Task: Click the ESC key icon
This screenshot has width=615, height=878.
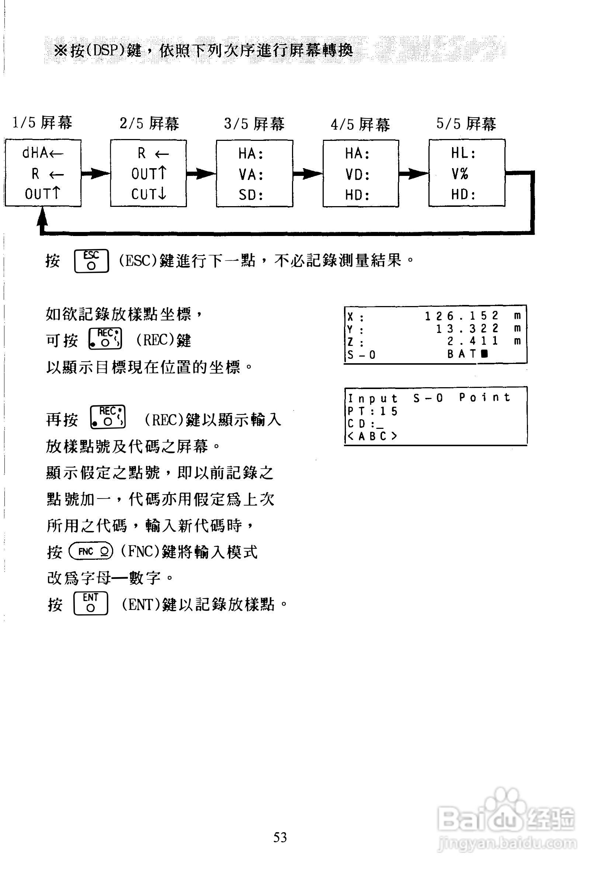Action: pos(91,261)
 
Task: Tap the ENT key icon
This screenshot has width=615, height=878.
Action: pos(91,604)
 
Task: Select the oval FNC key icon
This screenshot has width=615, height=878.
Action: pos(91,551)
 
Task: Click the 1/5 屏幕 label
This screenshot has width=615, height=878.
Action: pos(42,123)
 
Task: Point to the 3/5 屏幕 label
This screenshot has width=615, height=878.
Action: pos(254,124)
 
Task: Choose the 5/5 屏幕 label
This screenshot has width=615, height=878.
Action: pos(466,124)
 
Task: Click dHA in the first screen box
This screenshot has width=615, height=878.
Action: pos(35,153)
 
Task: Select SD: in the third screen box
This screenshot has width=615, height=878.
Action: pos(251,195)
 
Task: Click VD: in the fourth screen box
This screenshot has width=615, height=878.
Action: pos(357,175)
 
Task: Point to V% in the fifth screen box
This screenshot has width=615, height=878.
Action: pos(460,174)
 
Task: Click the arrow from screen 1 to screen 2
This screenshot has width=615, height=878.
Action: pos(95,174)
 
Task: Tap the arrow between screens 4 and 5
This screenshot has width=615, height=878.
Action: pos(413,174)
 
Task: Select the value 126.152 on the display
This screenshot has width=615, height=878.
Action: pos(462,316)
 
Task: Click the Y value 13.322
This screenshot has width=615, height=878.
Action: pos(468,329)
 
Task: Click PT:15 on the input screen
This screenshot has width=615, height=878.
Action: pos(372,411)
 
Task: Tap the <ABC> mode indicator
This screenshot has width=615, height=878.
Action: pos(372,436)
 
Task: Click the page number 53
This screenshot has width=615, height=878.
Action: pos(280,837)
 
